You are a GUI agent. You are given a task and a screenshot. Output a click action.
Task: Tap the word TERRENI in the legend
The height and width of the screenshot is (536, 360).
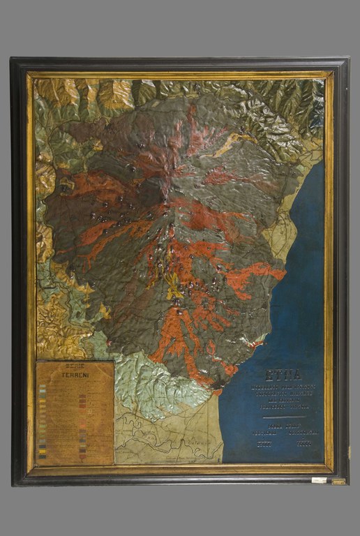[x=75, y=375]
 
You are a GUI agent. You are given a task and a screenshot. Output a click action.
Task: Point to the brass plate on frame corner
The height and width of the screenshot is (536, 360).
[x=338, y=481]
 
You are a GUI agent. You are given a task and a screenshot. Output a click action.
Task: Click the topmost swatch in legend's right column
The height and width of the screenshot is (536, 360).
[x=82, y=396]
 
